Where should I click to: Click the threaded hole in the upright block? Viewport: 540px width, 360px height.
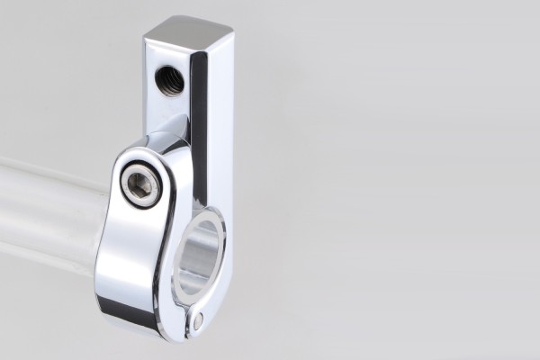(x=168, y=80)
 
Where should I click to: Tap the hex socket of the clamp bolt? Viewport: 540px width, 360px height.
(x=141, y=185)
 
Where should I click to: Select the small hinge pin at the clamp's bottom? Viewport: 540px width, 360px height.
(x=197, y=319)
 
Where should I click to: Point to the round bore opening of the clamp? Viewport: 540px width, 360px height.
(x=199, y=256)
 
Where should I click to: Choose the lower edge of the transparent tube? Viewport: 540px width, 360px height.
(x=45, y=263)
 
